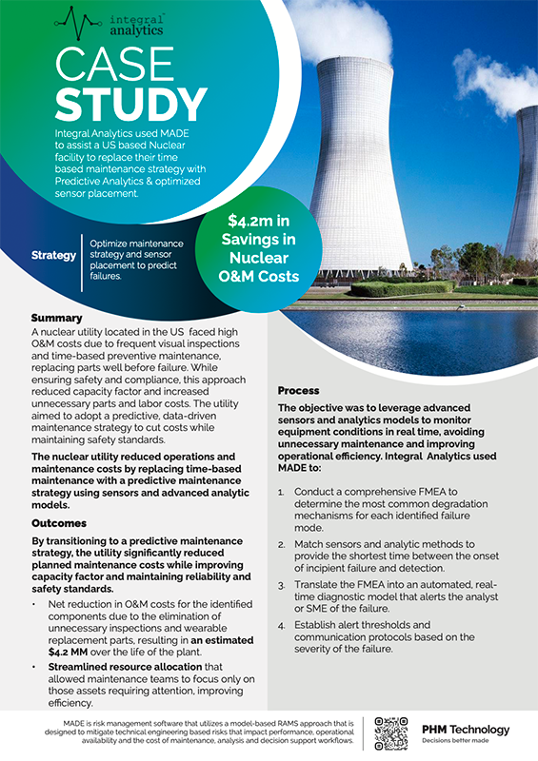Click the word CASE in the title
click(110, 64)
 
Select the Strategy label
click(53, 256)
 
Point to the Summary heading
click(56, 318)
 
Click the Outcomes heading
click(60, 523)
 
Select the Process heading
click(298, 391)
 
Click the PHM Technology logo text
click(465, 730)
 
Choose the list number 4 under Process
click(281, 624)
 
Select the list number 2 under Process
click(281, 544)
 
